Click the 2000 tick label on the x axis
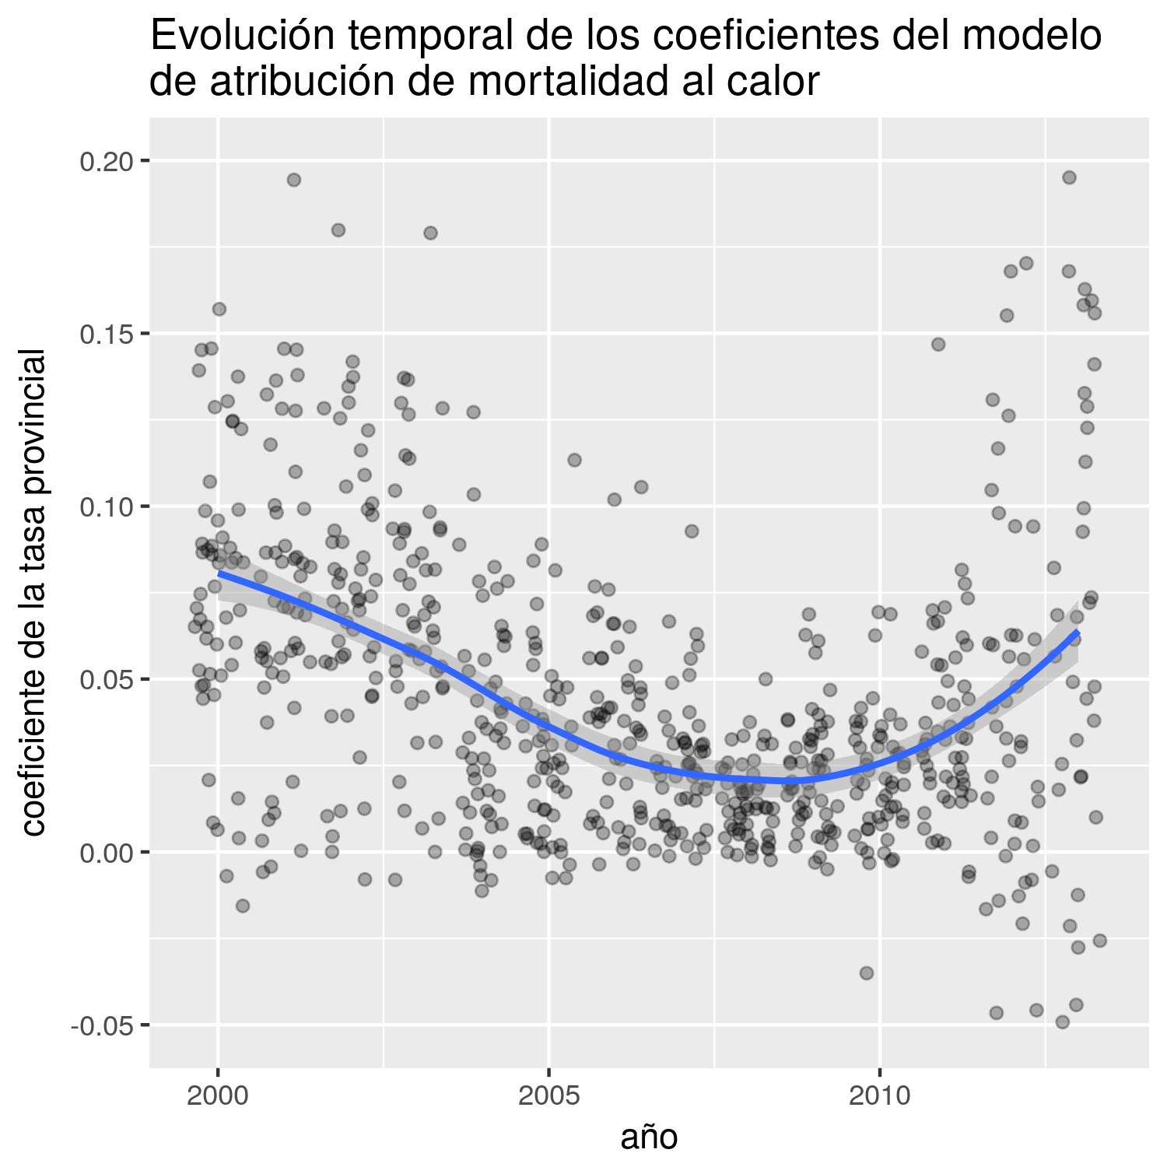click(x=218, y=1096)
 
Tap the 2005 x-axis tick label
click(x=549, y=1096)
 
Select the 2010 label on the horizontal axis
click(x=880, y=1096)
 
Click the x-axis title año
click(x=649, y=1137)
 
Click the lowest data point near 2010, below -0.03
click(x=867, y=973)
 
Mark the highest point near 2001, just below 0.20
click(x=294, y=180)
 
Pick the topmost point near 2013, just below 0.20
click(x=1069, y=177)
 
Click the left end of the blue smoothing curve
click(x=220, y=573)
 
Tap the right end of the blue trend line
click(x=1078, y=633)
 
